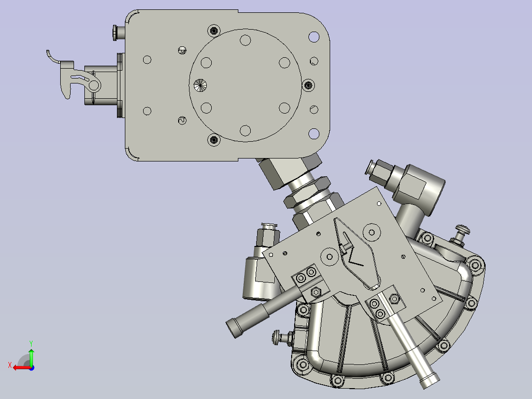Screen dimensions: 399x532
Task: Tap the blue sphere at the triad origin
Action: (31, 367)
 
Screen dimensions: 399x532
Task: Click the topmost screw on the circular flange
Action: (213, 31)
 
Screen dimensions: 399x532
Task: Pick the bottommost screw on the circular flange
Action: (213, 140)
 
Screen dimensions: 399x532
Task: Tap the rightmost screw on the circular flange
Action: (307, 85)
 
